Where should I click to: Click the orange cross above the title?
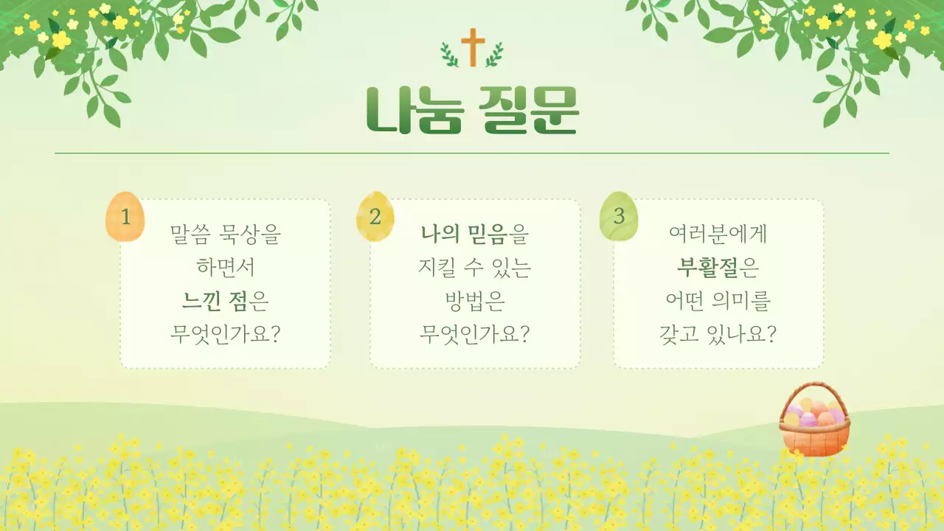pyautogui.click(x=473, y=47)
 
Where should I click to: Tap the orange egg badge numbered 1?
pyautogui.click(x=125, y=217)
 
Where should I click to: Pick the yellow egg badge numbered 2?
pyautogui.click(x=375, y=217)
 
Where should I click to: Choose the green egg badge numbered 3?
pyautogui.click(x=619, y=217)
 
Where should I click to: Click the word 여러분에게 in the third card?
pyautogui.click(x=718, y=235)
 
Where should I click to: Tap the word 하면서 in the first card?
pyautogui.click(x=225, y=268)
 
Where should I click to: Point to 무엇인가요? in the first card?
pyautogui.click(x=225, y=334)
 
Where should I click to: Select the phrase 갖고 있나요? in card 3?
pyautogui.click(x=718, y=334)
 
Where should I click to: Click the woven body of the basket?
pyautogui.click(x=814, y=440)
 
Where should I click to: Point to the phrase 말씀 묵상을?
pyautogui.click(x=225, y=235)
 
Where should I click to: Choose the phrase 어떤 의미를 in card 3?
pyautogui.click(x=718, y=301)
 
